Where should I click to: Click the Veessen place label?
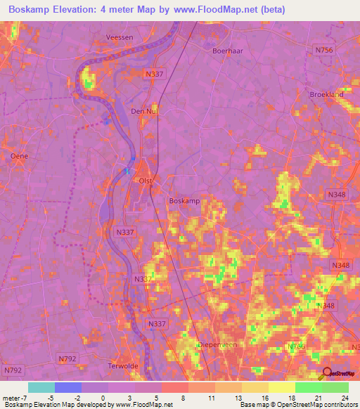[120, 38]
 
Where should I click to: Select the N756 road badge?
[324, 50]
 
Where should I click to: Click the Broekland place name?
[327, 94]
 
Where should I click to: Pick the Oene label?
[19, 155]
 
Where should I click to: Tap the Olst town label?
[146, 181]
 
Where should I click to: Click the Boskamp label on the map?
[184, 200]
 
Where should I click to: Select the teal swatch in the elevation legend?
[41, 387]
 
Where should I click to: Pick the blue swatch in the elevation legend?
[68, 387]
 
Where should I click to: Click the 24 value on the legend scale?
[344, 399]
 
